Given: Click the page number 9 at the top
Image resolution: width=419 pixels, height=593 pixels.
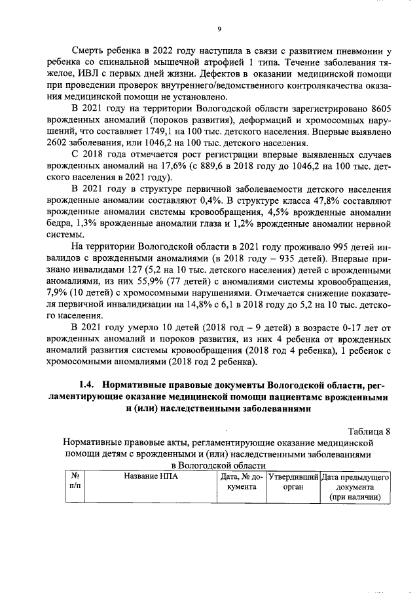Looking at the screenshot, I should [219, 28].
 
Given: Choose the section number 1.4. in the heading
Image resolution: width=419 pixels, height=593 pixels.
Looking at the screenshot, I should [86, 384].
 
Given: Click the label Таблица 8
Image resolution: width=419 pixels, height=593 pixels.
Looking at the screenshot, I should [369, 430].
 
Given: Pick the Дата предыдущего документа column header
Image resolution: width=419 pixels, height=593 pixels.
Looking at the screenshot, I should [355, 488].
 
